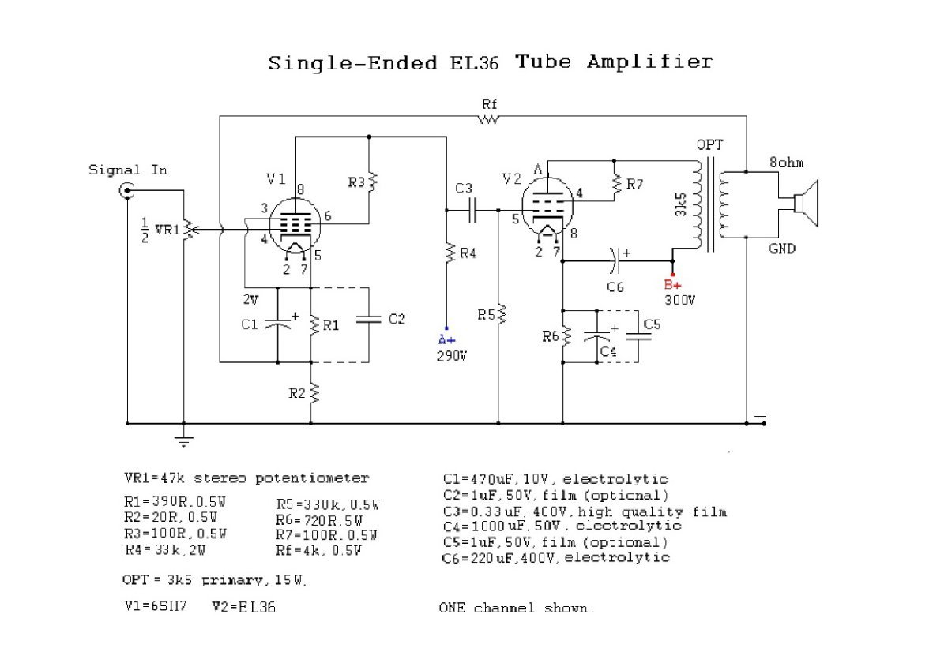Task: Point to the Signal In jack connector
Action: (126, 189)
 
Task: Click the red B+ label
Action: (672, 284)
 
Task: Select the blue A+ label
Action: (447, 339)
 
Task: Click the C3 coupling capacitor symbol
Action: (473, 210)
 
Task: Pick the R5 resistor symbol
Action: (498, 314)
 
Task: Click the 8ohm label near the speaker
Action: (786, 162)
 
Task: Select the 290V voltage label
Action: (452, 356)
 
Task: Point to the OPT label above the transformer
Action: (709, 145)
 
